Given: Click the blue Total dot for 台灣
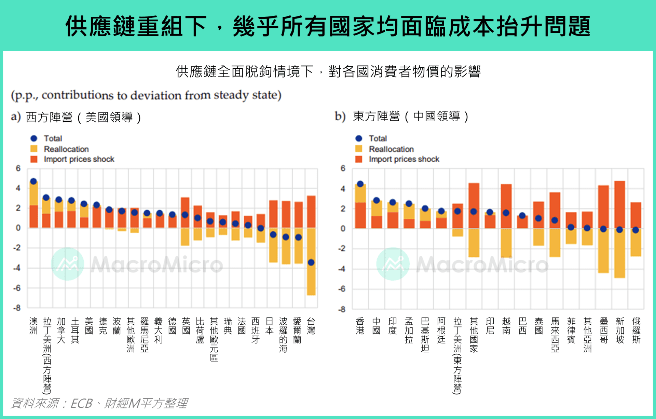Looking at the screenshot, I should [311, 262].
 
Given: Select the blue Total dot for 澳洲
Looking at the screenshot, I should [33, 181].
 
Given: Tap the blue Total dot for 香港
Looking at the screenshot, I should [360, 184].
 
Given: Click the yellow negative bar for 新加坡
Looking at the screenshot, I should [619, 255].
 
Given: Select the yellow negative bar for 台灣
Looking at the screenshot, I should [311, 280].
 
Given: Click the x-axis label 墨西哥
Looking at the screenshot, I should [604, 330].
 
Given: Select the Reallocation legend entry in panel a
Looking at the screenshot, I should [66, 149].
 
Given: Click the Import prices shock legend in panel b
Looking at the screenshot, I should [404, 159].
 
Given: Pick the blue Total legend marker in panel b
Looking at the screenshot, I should [359, 138].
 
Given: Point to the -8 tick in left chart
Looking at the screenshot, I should [17, 308].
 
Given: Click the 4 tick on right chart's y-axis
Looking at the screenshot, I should [343, 189].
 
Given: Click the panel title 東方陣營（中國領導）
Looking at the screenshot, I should [410, 116].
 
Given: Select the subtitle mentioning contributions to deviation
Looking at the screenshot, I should [146, 95].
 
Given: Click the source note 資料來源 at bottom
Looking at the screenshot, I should [99, 403].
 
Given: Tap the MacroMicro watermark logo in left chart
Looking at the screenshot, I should [67, 264].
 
